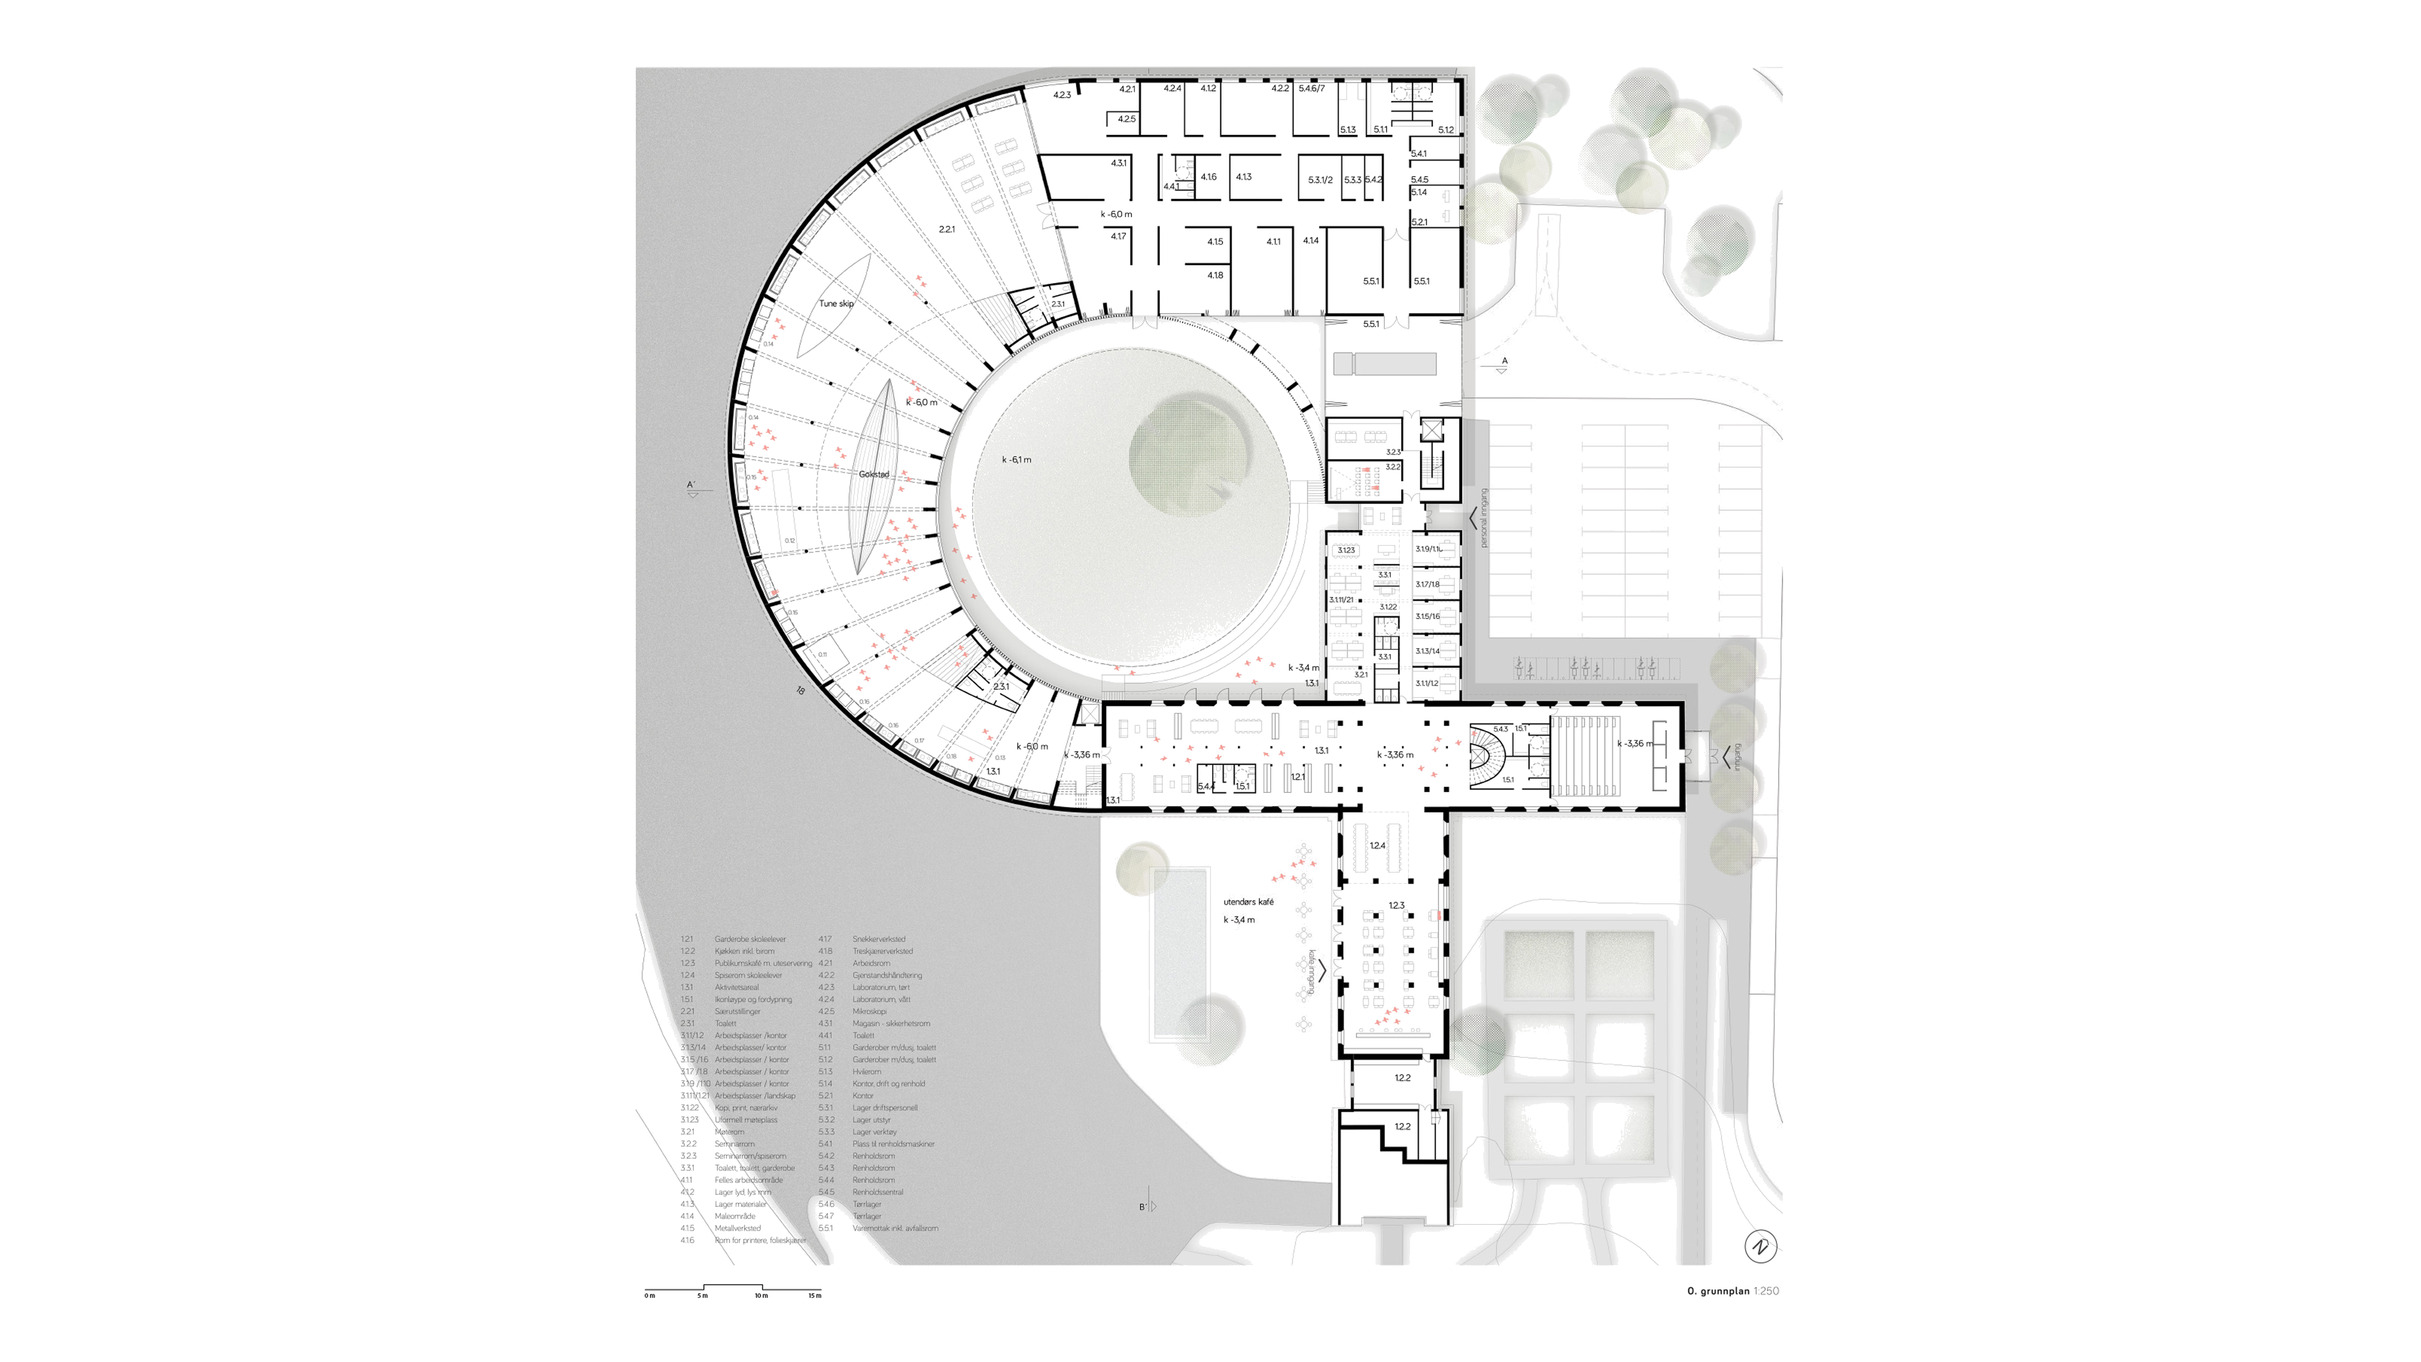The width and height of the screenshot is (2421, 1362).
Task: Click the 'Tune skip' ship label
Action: pos(836,304)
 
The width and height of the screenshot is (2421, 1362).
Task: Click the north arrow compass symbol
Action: pos(1760,1246)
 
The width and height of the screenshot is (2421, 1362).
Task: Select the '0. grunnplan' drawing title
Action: pos(1718,1291)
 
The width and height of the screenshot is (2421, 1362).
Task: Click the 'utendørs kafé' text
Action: pos(1248,902)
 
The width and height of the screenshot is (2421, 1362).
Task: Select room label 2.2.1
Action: pos(947,230)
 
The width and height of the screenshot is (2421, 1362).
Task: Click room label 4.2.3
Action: pos(1062,95)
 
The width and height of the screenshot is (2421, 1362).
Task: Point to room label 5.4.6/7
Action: pos(1311,88)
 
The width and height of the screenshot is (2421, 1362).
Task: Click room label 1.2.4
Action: pos(1377,846)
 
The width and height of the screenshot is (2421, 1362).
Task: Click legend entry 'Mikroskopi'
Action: pos(869,1011)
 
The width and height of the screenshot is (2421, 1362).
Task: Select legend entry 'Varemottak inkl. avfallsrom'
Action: pos(895,1228)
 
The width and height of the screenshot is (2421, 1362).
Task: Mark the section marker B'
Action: pos(1144,1207)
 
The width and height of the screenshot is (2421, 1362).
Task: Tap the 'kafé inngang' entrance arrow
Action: pos(1321,970)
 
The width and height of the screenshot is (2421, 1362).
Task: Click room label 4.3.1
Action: pos(1119,164)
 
